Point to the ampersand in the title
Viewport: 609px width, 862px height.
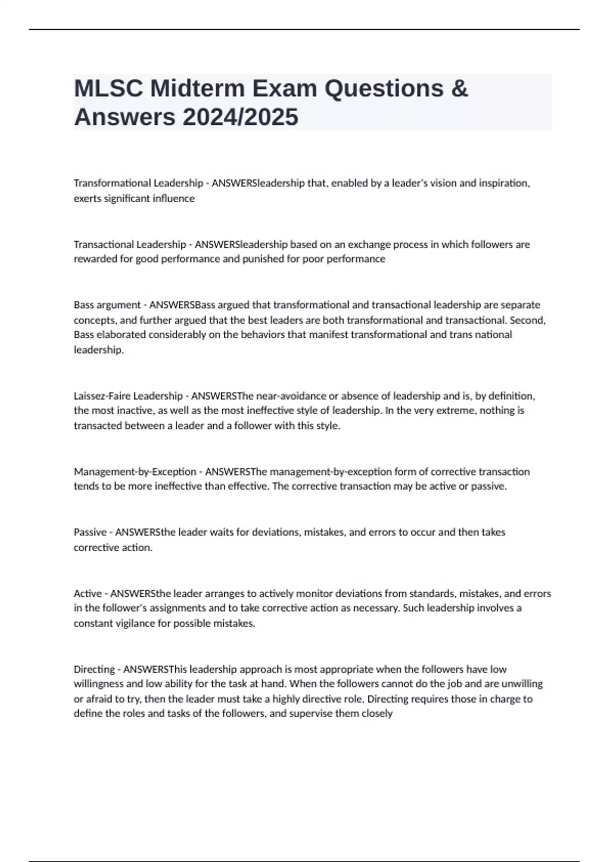tap(459, 89)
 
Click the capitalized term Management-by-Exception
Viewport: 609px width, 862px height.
tap(135, 472)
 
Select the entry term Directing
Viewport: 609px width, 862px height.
tap(94, 669)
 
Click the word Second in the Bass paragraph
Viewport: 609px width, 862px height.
tap(527, 320)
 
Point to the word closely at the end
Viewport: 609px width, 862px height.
tap(377, 713)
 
